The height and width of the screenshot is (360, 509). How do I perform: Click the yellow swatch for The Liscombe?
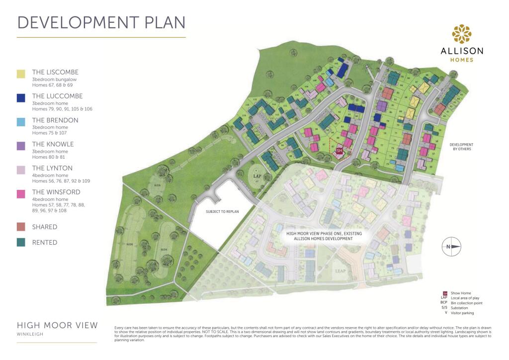21,74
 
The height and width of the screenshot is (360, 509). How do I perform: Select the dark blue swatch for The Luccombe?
21,98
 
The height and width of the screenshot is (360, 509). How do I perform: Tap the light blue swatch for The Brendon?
21,122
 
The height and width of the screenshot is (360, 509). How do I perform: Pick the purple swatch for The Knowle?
21,146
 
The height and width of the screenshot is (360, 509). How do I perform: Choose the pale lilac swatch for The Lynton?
21,170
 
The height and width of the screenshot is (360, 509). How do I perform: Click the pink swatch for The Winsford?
21,193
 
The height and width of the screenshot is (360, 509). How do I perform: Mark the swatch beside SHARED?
21,227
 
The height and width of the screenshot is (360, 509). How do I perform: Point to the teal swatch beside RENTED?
21,243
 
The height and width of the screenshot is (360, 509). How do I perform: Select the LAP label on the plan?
257,176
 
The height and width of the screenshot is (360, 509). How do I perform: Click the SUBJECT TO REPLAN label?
222,211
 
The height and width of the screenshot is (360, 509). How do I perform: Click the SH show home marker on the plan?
339,150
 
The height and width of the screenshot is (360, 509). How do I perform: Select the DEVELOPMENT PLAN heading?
101,22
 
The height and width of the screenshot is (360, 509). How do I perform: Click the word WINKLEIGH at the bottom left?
30,334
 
